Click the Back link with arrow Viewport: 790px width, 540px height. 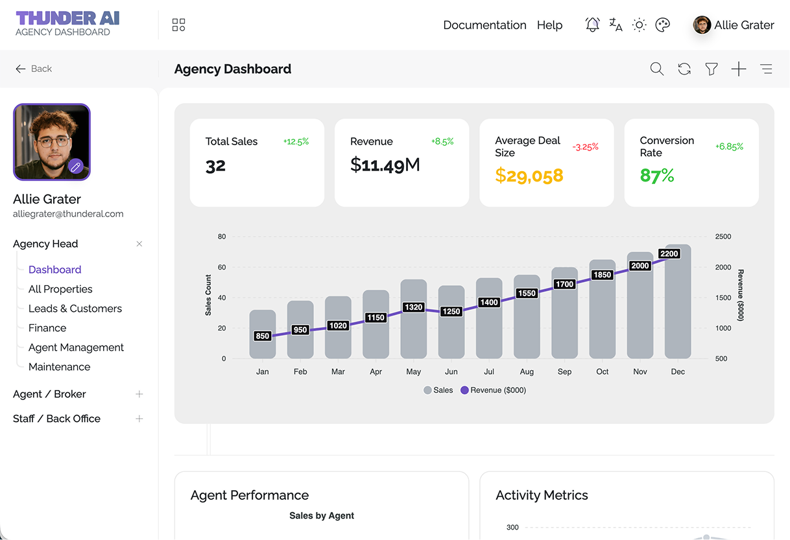click(x=34, y=69)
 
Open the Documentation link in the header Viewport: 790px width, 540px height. click(x=485, y=25)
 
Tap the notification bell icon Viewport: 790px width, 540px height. click(x=592, y=25)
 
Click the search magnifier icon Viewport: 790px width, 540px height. click(x=656, y=69)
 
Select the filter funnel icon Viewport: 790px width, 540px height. click(x=712, y=69)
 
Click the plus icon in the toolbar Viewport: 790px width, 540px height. click(x=739, y=69)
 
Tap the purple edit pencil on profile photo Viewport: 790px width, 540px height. click(x=76, y=167)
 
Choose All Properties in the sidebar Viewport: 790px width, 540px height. click(x=60, y=289)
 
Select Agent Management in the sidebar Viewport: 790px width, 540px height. click(x=76, y=347)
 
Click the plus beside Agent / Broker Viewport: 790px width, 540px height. click(x=139, y=394)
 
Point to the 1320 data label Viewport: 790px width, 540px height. click(x=413, y=307)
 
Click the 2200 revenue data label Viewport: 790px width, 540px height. click(x=669, y=254)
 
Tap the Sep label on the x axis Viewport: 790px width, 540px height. click(x=564, y=372)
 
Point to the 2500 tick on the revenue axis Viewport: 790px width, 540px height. click(x=723, y=237)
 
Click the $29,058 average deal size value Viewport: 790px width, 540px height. click(x=529, y=176)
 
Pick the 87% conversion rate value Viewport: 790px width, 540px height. click(x=656, y=176)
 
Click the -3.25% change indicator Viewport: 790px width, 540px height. click(x=585, y=147)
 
